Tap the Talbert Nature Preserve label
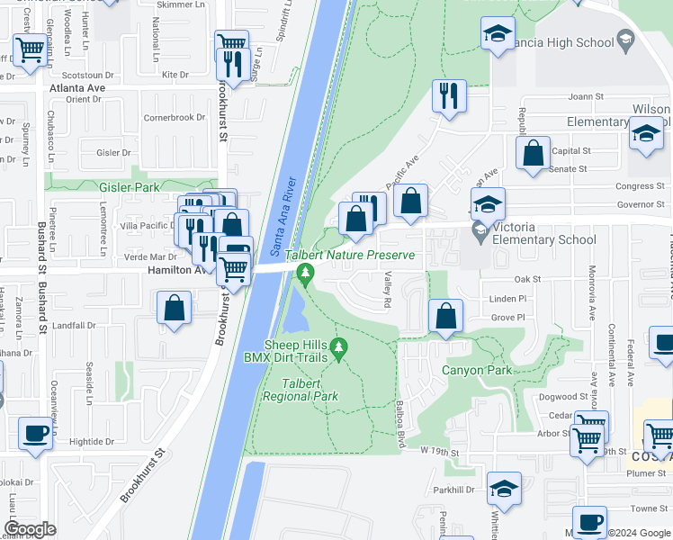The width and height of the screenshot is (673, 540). click(351, 256)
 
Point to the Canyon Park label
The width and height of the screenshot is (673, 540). click(476, 370)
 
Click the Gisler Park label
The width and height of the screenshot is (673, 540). click(130, 187)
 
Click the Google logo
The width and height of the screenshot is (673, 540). click(30, 528)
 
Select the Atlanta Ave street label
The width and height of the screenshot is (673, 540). click(77, 88)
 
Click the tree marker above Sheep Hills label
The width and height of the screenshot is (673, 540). click(339, 346)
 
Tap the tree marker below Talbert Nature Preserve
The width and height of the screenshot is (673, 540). click(306, 271)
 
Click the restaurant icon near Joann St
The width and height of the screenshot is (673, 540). click(449, 94)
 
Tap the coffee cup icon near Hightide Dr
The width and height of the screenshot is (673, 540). click(35, 434)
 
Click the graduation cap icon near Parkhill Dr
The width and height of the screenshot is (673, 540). click(504, 489)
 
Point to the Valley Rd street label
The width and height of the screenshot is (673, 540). click(388, 290)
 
